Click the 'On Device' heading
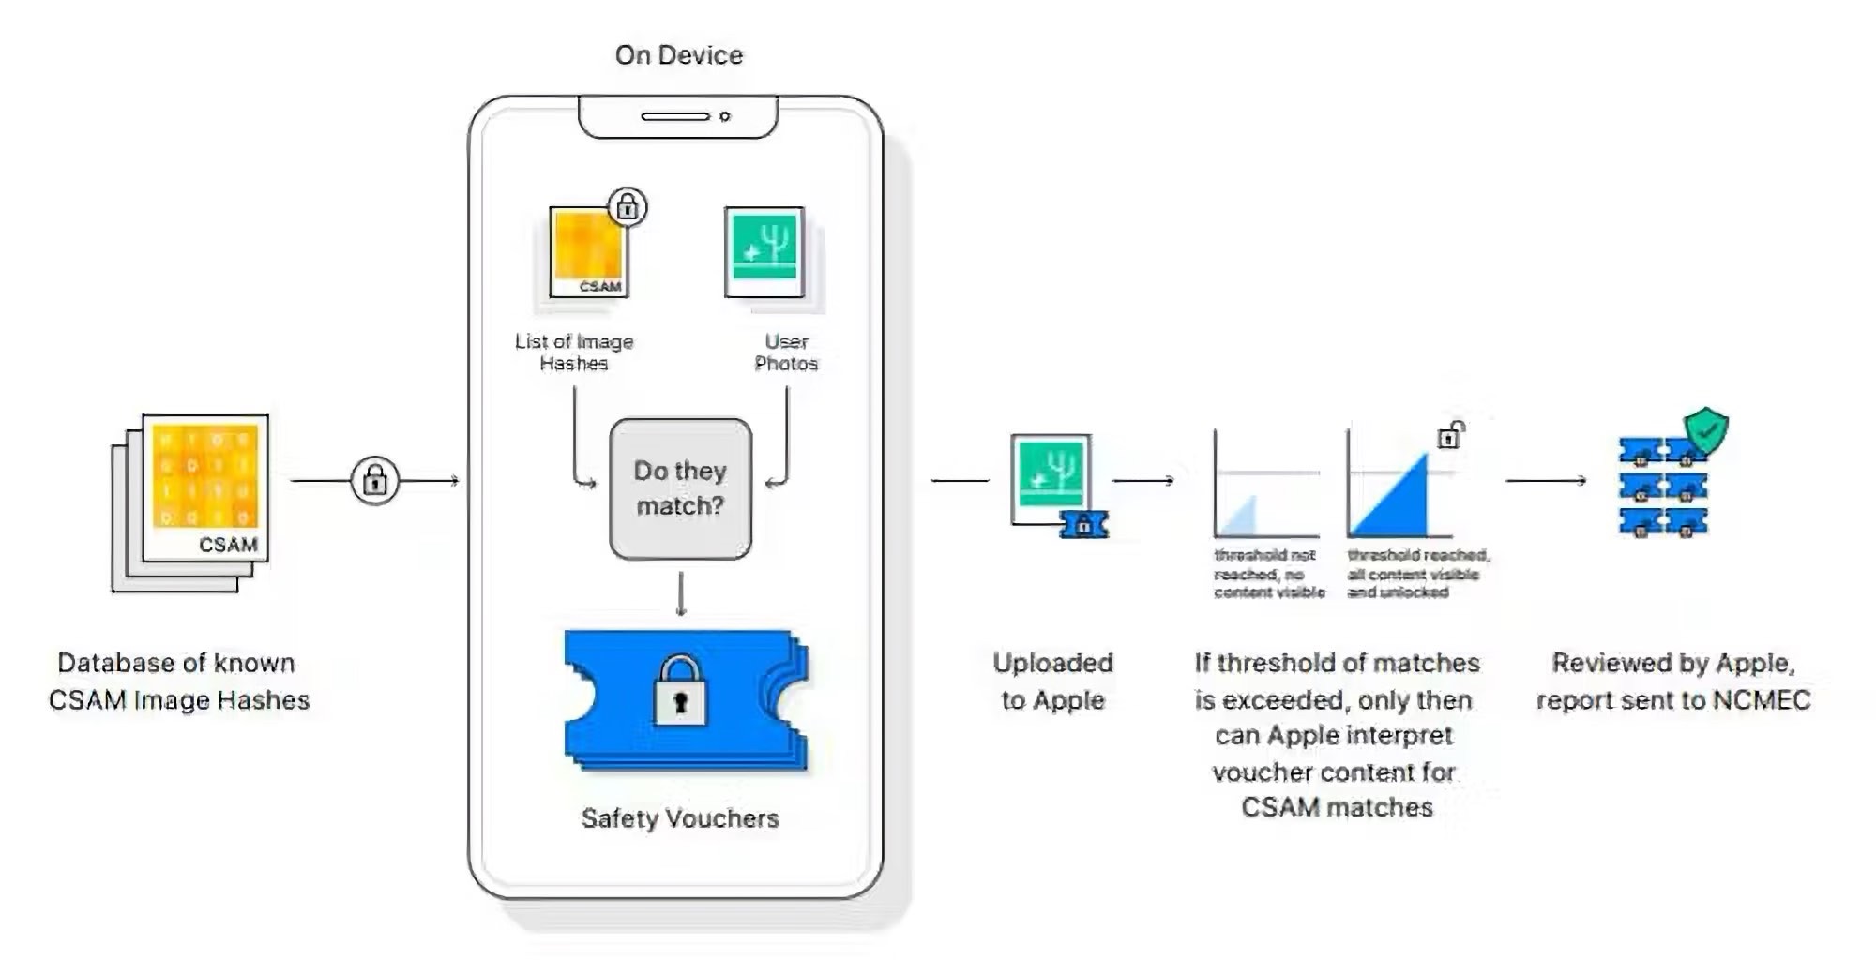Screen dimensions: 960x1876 (x=679, y=55)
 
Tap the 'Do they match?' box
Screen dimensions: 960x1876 (x=680, y=488)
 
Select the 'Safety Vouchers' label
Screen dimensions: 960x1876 (x=680, y=818)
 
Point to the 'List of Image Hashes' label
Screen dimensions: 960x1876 (x=574, y=352)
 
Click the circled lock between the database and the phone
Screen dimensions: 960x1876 (x=375, y=481)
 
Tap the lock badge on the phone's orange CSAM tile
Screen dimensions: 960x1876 (x=628, y=207)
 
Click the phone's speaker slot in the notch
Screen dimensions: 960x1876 (x=675, y=116)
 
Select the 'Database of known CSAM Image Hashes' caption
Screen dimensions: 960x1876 (x=178, y=682)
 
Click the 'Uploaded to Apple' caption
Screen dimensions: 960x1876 (x=1052, y=682)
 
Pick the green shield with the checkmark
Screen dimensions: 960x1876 (x=1706, y=430)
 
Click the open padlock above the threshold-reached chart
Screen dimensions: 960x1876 (x=1451, y=435)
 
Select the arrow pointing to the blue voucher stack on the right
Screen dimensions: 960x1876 (x=1546, y=480)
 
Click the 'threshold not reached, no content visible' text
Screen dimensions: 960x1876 (x=1268, y=574)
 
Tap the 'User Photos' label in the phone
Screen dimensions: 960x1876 (x=786, y=352)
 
